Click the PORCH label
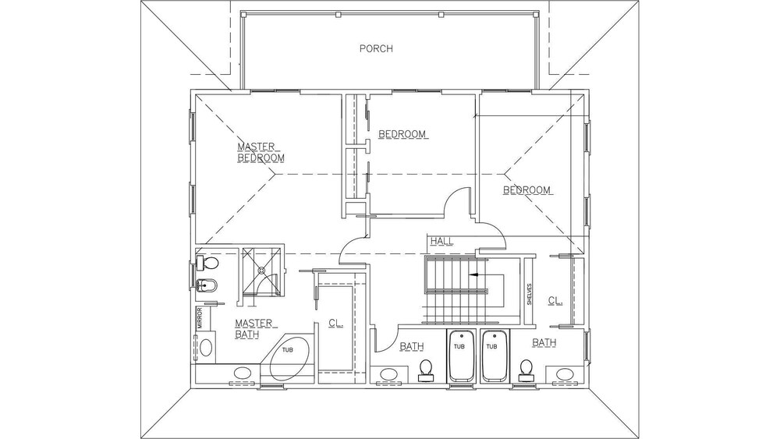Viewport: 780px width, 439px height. click(376, 48)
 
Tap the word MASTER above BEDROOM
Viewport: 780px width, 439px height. click(256, 147)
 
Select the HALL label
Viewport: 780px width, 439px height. click(441, 241)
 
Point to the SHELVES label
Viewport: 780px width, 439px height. click(530, 294)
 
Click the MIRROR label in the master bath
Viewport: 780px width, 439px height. click(199, 317)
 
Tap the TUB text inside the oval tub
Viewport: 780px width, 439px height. click(288, 349)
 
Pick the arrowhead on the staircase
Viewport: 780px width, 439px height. click(473, 274)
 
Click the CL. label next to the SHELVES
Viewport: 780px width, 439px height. click(555, 300)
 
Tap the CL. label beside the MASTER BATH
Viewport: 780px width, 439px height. click(335, 323)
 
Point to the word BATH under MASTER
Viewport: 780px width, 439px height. click(246, 335)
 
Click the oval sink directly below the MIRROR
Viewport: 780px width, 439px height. click(205, 346)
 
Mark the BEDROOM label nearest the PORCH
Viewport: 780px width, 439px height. click(402, 134)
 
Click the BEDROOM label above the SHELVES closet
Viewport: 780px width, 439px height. click(526, 190)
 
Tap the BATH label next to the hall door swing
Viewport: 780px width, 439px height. click(412, 346)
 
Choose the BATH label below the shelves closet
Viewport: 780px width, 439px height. click(544, 342)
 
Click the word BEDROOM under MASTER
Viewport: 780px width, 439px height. click(261, 158)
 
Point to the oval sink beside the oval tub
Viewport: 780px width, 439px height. click(243, 373)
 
